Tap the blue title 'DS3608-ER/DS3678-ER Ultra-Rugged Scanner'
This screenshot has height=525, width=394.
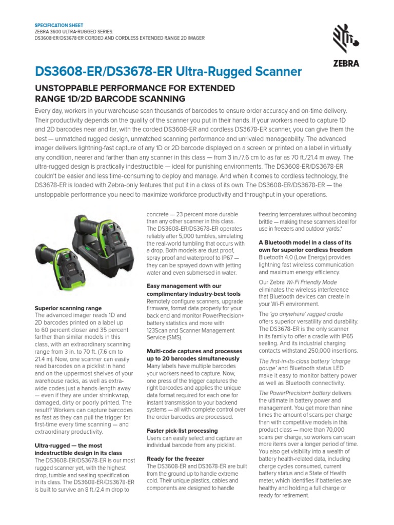(x=168, y=72)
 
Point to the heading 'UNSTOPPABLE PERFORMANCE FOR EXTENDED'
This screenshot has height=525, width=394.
(x=134, y=88)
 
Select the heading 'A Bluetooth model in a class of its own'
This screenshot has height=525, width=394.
(x=305, y=246)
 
